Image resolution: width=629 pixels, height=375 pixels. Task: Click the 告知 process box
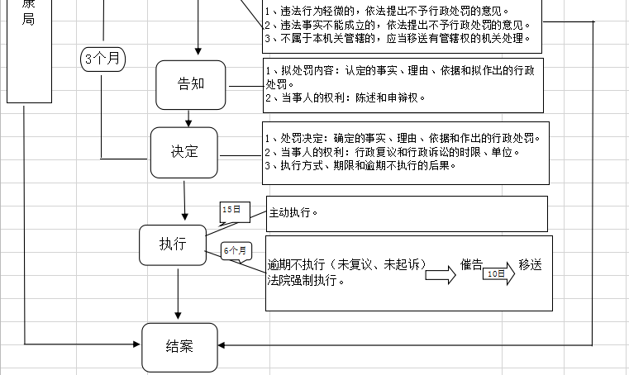click(x=190, y=84)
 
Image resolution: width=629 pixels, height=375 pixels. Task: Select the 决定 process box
click(x=183, y=152)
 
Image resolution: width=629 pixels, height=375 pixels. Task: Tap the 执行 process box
click(x=172, y=244)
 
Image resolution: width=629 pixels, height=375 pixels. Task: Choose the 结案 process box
click(x=179, y=347)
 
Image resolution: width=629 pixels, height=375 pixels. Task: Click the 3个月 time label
click(x=103, y=59)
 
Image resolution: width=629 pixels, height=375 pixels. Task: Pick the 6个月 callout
click(x=236, y=250)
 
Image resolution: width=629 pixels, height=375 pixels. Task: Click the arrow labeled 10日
click(x=498, y=273)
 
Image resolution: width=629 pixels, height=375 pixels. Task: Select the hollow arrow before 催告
click(x=441, y=277)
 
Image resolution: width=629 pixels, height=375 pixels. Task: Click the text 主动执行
click(x=293, y=212)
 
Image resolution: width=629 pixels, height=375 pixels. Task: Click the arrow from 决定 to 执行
click(x=184, y=201)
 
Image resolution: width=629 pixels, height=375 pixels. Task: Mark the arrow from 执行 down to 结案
click(x=178, y=293)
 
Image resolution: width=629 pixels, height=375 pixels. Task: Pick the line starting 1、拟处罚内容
click(x=402, y=71)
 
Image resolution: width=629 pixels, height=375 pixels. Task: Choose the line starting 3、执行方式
click(x=361, y=165)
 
